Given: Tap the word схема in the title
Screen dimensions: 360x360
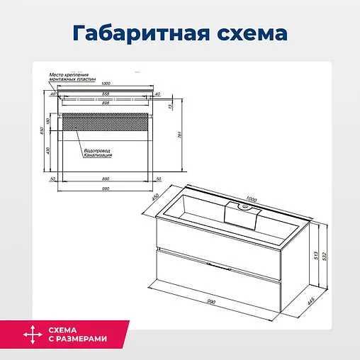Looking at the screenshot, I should tap(252, 33).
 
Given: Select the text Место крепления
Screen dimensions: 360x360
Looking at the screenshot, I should tap(67, 74).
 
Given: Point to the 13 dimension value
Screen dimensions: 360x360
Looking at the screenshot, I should tap(170, 107).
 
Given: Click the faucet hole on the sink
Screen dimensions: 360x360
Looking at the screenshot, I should tap(244, 206).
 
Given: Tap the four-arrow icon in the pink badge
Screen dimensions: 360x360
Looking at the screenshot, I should tap(30, 334).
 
